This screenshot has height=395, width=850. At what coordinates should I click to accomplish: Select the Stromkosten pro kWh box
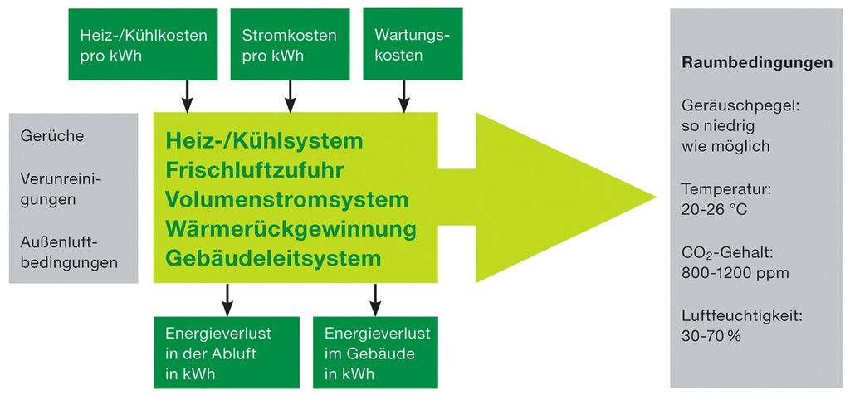click(x=290, y=46)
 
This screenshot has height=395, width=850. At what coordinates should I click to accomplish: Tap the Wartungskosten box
click(x=412, y=46)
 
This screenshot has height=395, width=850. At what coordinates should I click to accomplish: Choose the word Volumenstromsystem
click(x=286, y=199)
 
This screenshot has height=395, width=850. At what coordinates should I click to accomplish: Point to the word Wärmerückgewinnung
click(x=291, y=228)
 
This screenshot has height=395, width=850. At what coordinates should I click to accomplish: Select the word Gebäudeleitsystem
click(x=273, y=258)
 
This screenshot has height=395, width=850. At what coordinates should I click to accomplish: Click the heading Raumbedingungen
click(x=756, y=62)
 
